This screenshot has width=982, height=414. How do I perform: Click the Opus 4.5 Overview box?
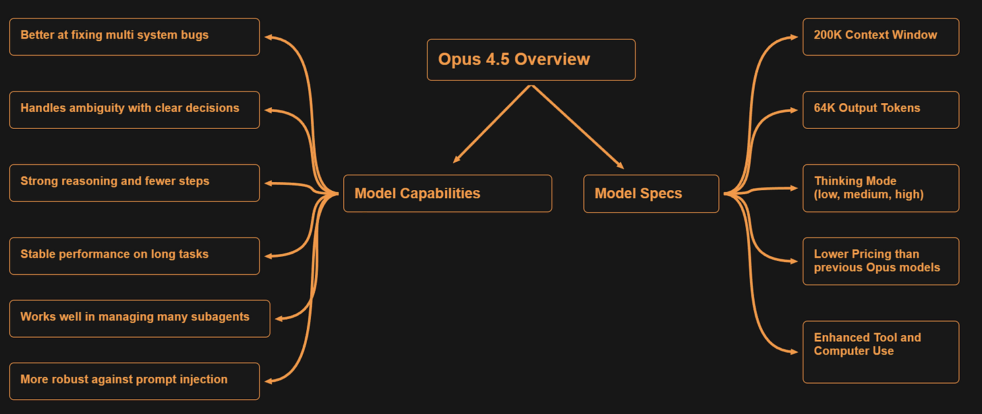coord(531,59)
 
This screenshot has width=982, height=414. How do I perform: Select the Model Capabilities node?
coord(447,194)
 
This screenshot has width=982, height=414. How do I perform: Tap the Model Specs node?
coord(651,194)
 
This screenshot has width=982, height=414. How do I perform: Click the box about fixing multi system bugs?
coord(134,36)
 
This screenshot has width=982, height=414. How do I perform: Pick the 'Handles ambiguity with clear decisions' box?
coord(134,109)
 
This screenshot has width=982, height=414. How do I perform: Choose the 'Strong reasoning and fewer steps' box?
coord(134,182)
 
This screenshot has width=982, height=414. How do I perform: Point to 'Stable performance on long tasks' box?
coord(134,256)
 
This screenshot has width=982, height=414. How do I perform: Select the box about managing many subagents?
coord(139,318)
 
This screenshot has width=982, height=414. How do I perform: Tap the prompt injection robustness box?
coord(134,381)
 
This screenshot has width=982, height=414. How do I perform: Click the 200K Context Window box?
coord(880,36)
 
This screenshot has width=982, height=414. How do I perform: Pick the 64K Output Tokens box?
coord(880,109)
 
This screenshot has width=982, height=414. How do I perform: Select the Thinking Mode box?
coord(880,187)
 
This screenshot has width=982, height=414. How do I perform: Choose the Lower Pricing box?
coord(880,261)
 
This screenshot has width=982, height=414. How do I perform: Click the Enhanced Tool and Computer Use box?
coord(880,351)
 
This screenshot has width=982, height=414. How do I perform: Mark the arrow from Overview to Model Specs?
coord(577,126)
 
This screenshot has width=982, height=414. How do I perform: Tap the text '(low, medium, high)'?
coord(869,194)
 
